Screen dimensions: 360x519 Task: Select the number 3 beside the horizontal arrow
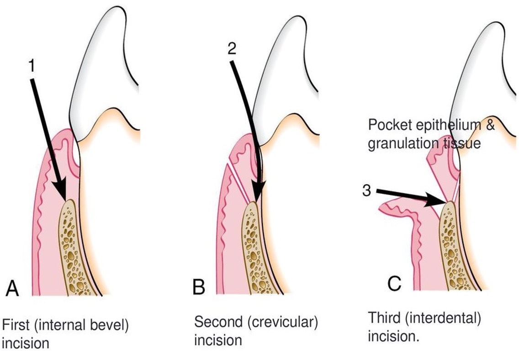tap(367, 191)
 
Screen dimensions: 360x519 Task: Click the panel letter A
tap(12, 289)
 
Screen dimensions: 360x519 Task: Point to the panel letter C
tap(394, 284)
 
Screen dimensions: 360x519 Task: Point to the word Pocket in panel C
tap(386, 125)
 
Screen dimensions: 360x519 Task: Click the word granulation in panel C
tap(395, 143)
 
